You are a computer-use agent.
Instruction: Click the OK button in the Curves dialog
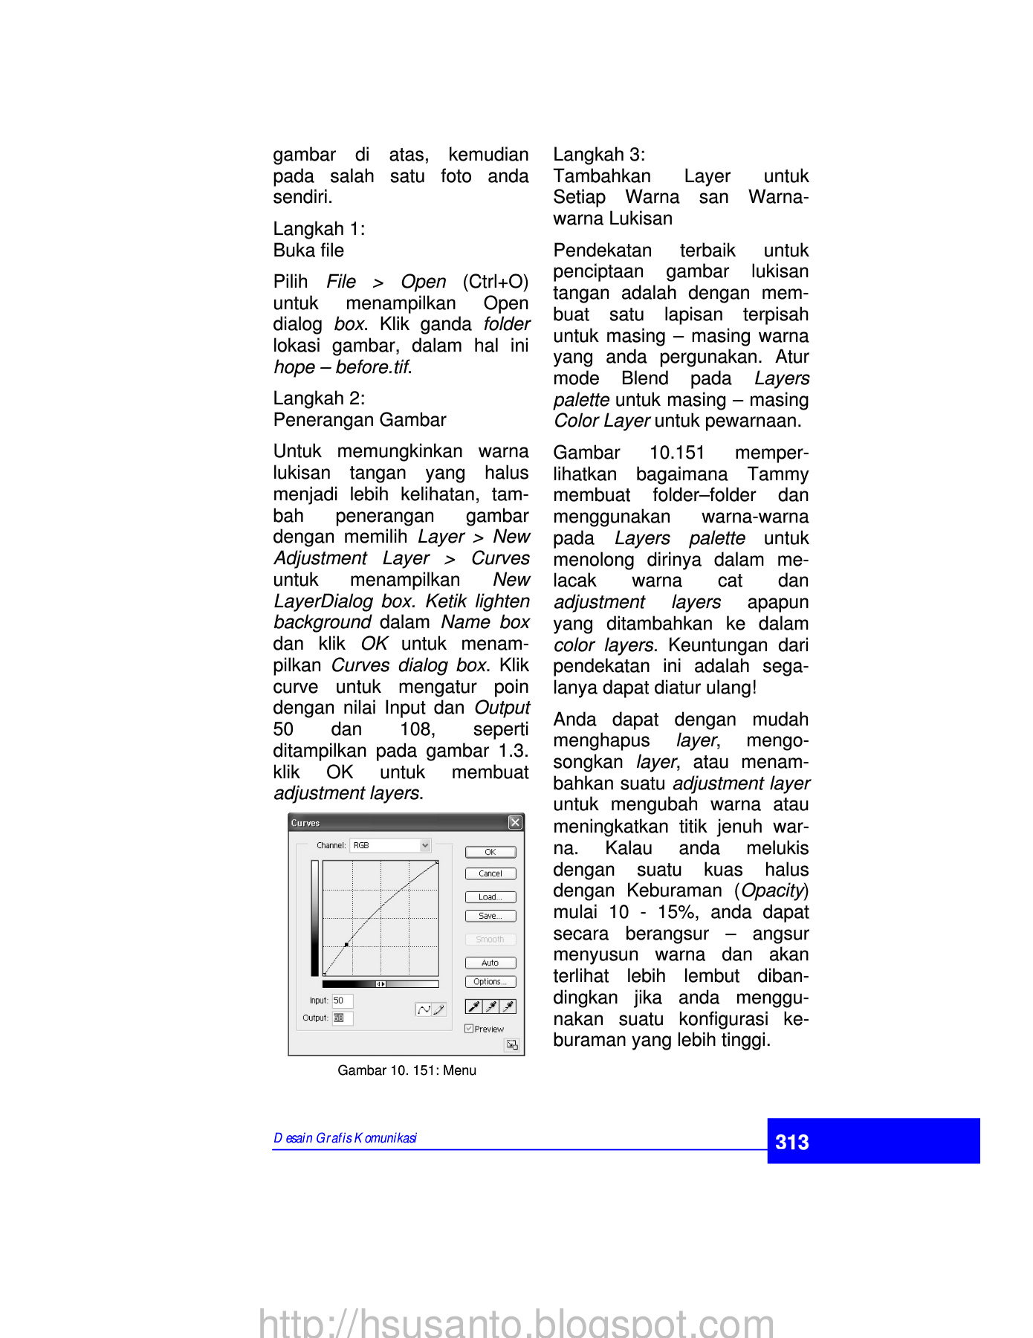pyautogui.click(x=490, y=852)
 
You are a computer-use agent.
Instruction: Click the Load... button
pyautogui.click(x=490, y=897)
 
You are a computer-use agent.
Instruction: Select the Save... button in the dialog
pyautogui.click(x=490, y=916)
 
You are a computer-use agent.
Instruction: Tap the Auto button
pyautogui.click(x=490, y=963)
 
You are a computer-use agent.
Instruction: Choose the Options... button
pyautogui.click(x=490, y=982)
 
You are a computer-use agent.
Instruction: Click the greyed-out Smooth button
pyautogui.click(x=490, y=940)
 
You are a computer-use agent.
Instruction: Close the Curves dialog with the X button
pyautogui.click(x=515, y=822)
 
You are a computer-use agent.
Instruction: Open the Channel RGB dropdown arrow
pyautogui.click(x=425, y=845)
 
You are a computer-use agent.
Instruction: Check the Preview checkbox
pyautogui.click(x=469, y=1029)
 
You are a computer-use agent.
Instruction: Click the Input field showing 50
pyautogui.click(x=342, y=1001)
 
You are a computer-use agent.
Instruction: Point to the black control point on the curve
pyautogui.click(x=346, y=945)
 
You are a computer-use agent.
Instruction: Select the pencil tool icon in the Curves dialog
pyautogui.click(x=439, y=1009)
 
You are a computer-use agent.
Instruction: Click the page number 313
pyautogui.click(x=791, y=1142)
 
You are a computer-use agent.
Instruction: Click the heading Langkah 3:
pyautogui.click(x=599, y=155)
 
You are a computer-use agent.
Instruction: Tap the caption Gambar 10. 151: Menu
pyautogui.click(x=407, y=1070)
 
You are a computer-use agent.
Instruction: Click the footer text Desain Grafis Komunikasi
pyautogui.click(x=345, y=1138)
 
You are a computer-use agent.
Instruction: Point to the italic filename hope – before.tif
pyautogui.click(x=342, y=367)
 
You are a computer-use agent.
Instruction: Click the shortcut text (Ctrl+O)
pyautogui.click(x=495, y=282)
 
